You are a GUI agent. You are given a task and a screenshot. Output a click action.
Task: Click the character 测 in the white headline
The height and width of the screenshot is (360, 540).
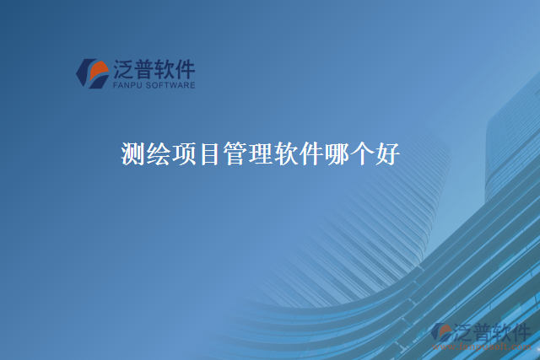click(x=132, y=155)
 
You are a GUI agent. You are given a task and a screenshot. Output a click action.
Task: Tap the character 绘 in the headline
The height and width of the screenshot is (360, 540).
click(x=158, y=155)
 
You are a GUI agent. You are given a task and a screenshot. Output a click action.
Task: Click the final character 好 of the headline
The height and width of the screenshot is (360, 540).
click(x=386, y=155)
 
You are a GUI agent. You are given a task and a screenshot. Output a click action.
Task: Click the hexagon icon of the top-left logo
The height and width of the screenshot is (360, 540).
click(x=92, y=73)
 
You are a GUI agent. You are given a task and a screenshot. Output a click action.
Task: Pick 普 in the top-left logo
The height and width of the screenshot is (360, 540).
click(x=144, y=68)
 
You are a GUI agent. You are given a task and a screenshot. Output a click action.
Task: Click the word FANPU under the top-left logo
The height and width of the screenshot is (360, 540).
click(x=127, y=85)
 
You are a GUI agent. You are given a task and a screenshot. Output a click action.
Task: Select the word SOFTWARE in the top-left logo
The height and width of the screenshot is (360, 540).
click(x=170, y=85)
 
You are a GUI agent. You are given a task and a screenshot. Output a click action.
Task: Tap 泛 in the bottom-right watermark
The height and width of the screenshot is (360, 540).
click(x=465, y=331)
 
